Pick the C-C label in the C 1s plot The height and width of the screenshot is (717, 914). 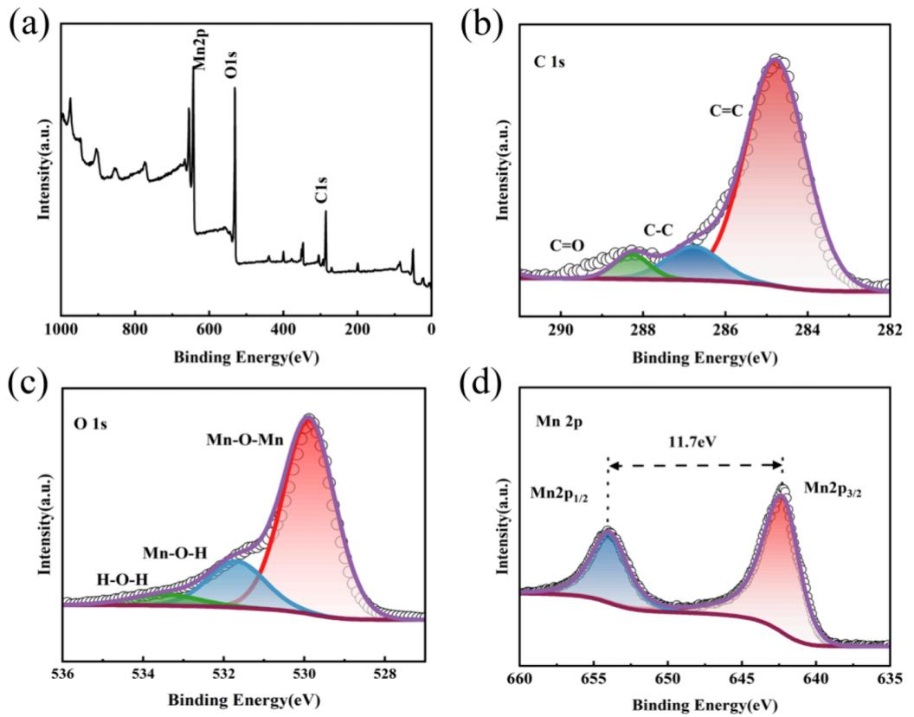(660, 229)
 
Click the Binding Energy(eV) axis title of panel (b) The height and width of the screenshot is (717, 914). (705, 357)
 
